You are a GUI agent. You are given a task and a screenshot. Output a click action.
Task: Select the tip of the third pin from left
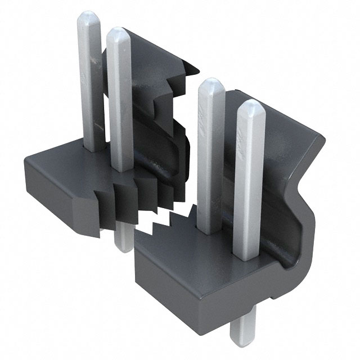click(211, 84)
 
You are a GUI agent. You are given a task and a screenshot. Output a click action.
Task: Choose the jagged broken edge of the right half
click(169, 222)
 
